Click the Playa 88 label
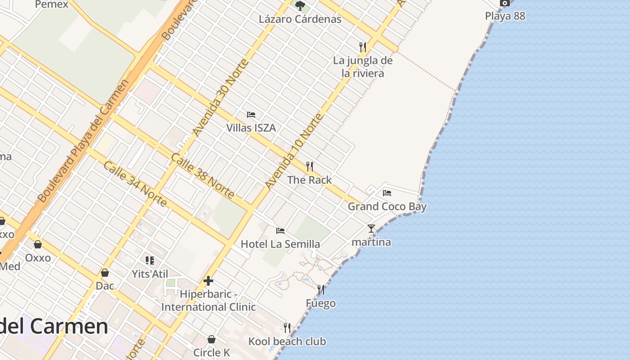505,16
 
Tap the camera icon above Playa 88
505,3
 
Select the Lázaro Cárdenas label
300,19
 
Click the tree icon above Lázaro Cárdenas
300,6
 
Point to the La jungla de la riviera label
363,67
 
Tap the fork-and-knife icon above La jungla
363,47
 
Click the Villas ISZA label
251,128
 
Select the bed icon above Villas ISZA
251,115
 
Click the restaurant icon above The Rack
310,166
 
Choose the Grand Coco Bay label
387,207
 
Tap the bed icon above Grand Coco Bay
387,193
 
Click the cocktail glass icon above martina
371,229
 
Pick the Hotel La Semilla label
280,244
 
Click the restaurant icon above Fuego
321,289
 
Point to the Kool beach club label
287,342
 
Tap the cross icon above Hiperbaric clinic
208,281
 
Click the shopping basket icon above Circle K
211,339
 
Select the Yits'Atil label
150,274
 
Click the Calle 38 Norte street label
202,176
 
